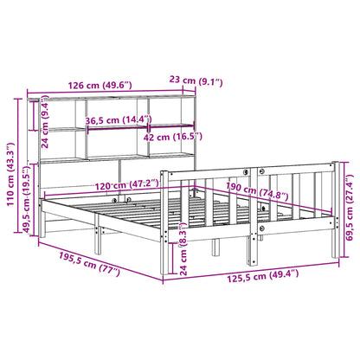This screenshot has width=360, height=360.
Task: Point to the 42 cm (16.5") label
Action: coord(172,136)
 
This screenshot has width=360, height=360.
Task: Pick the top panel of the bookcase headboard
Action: coord(104,97)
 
